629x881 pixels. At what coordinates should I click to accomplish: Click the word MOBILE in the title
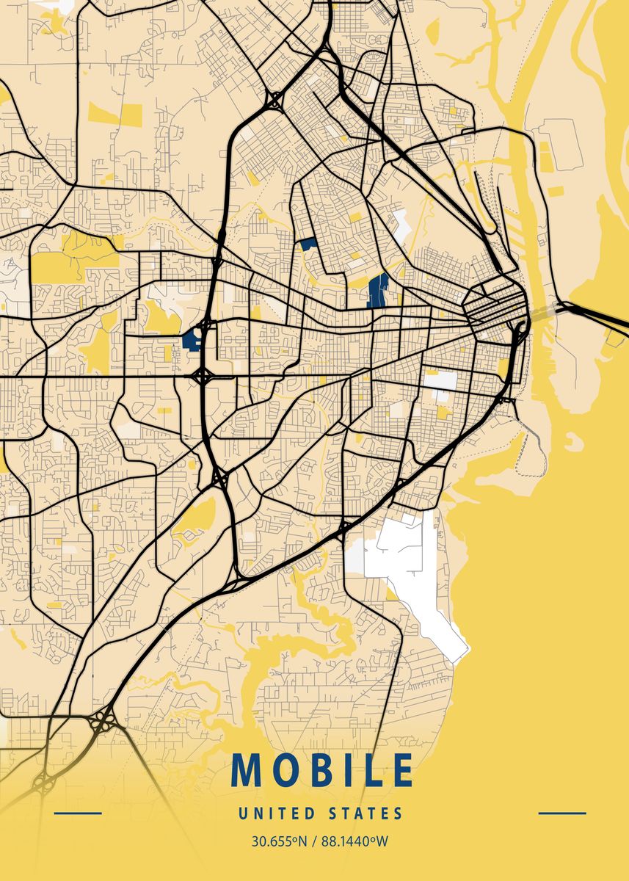click(321, 769)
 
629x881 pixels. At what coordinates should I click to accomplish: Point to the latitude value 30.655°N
click(278, 841)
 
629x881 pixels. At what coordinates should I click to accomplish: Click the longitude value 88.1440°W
click(353, 841)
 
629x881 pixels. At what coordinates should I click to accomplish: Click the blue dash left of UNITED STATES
click(78, 813)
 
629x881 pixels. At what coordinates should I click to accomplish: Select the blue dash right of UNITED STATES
click(562, 813)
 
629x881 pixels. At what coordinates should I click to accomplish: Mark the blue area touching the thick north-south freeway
click(194, 338)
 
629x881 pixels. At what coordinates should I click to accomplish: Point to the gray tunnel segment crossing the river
click(543, 311)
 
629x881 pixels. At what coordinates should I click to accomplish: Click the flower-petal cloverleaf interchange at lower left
click(101, 723)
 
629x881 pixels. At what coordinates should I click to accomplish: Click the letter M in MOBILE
click(247, 769)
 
